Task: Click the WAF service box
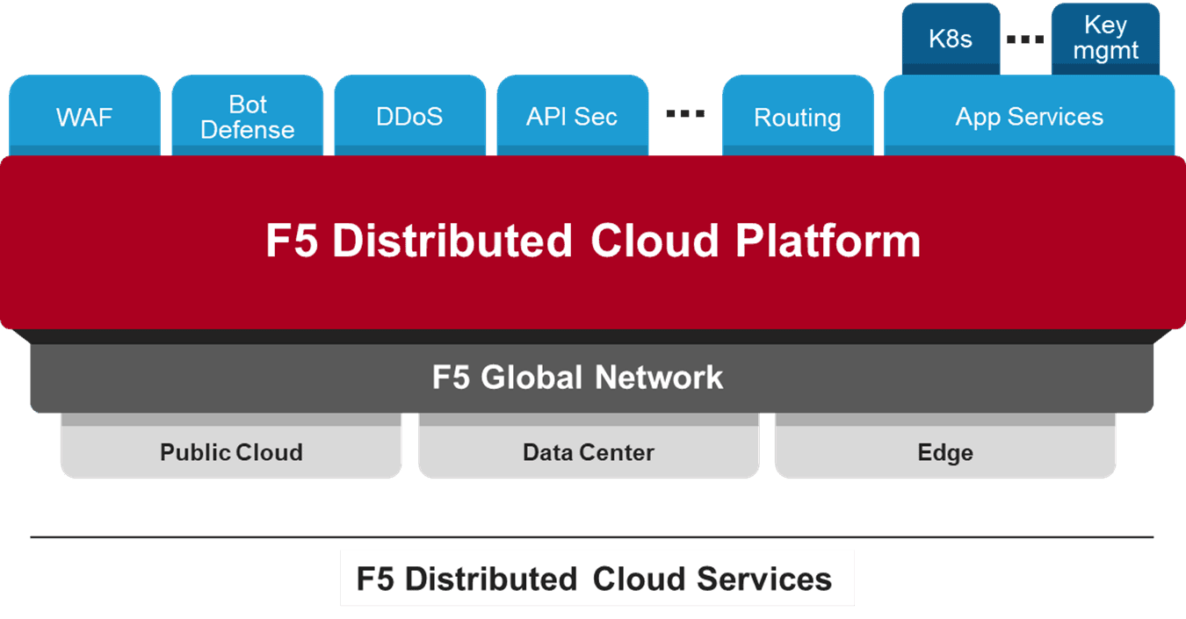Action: pos(84,117)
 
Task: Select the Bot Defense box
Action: pos(247,117)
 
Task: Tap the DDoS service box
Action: pos(409,117)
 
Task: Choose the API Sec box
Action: pos(572,117)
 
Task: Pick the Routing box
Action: pos(797,118)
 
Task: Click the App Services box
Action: pos(1029,117)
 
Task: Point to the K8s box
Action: pos(951,40)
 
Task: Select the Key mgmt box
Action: pos(1105,39)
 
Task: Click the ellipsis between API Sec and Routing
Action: pos(685,113)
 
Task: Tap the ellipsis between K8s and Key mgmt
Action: pos(1025,40)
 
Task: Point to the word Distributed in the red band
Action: pos(452,241)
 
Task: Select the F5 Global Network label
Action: pos(577,378)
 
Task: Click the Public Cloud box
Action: pos(231,452)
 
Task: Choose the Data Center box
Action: pos(589,452)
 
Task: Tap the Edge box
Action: pos(945,452)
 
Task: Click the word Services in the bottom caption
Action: pos(764,579)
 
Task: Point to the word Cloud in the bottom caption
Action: pos(640,579)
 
